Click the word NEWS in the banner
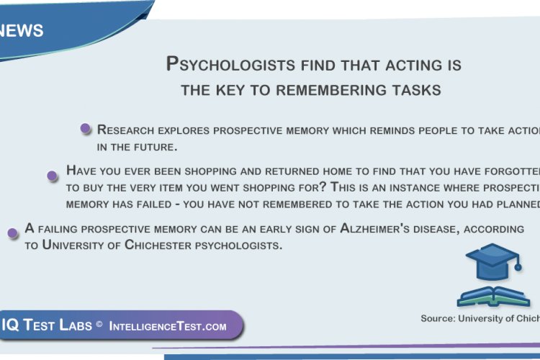pyautogui.click(x=22, y=31)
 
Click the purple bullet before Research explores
pyautogui.click(x=85, y=129)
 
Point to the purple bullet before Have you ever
pyautogui.click(x=52, y=175)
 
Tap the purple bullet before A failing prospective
pyautogui.click(x=12, y=233)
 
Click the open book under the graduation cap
pyautogui.click(x=493, y=295)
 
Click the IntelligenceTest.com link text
pyautogui.click(x=168, y=326)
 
